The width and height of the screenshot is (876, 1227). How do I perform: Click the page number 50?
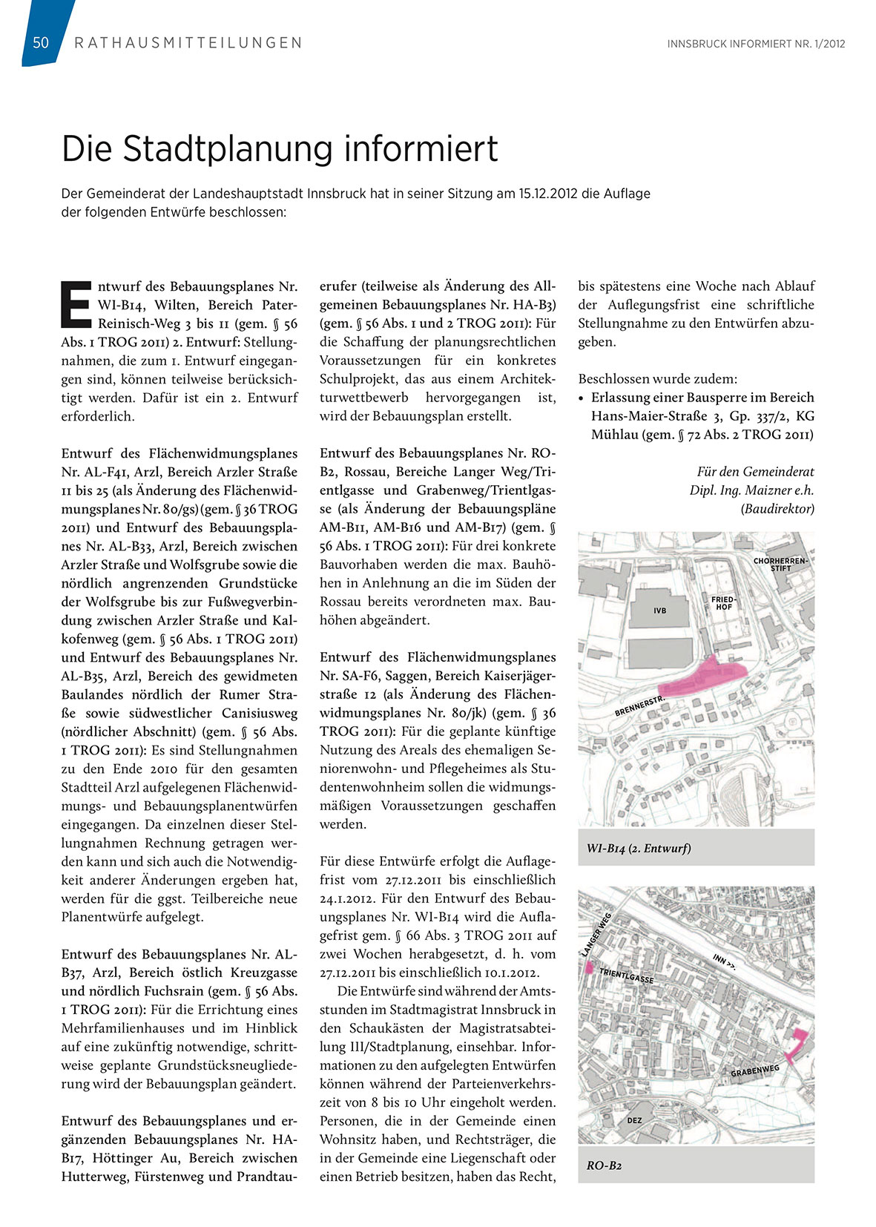coord(41,43)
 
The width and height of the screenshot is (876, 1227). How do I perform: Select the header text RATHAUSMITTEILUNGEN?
coord(188,43)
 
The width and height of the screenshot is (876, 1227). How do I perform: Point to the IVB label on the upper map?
coord(659,611)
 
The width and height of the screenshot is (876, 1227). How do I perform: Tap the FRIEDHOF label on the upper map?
coord(723,602)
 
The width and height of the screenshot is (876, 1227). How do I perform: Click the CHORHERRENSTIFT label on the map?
coord(780,564)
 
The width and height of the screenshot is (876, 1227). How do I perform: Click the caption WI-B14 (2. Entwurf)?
coord(639,848)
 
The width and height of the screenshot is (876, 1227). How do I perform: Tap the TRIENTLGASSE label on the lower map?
coord(626,976)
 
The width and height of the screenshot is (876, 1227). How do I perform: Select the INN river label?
coord(724,961)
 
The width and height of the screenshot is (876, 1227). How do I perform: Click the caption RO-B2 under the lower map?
coord(604,1165)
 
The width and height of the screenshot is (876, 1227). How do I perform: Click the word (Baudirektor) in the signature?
coord(777,509)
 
